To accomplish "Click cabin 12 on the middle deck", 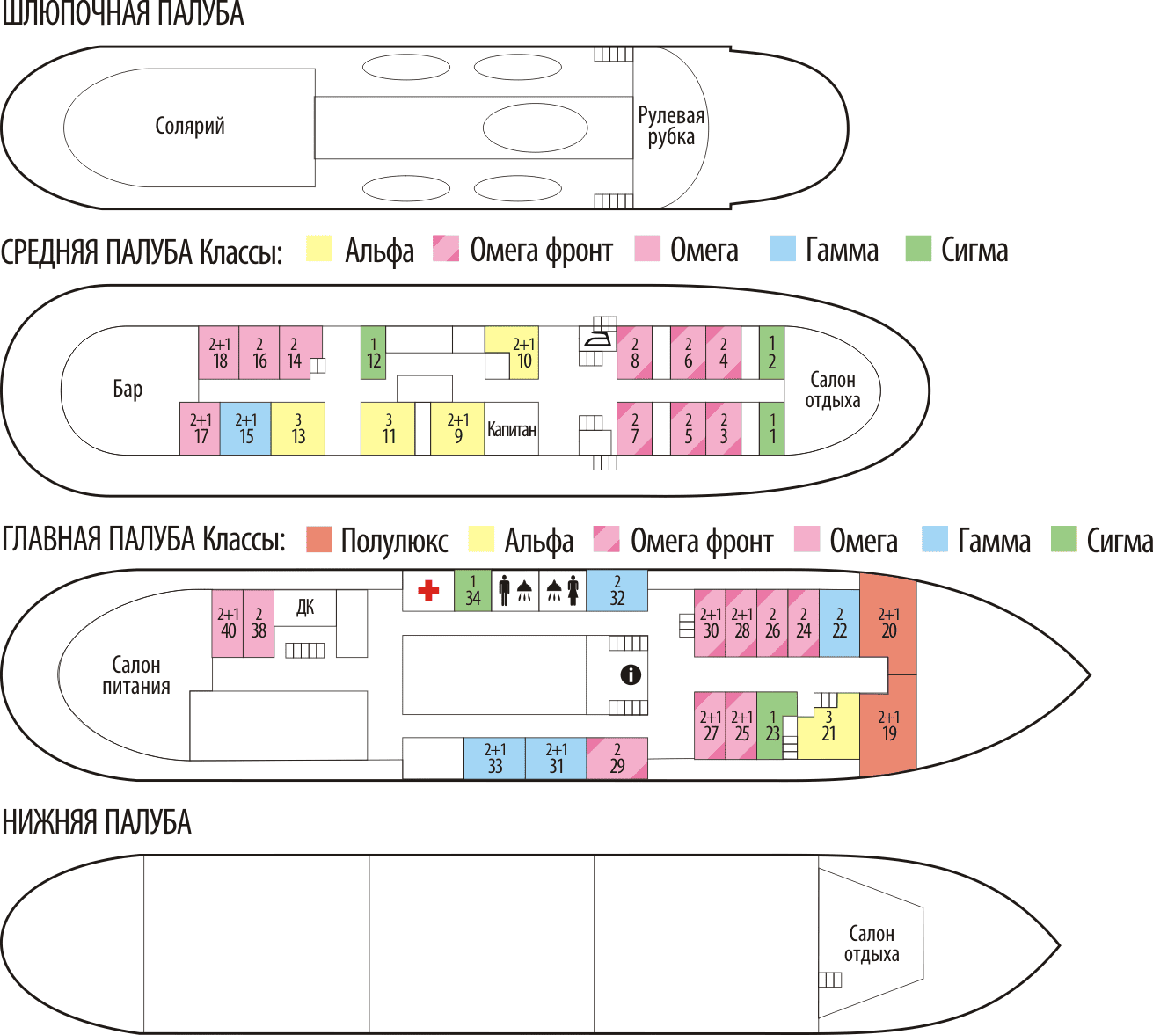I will click(374, 353).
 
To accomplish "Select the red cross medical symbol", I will click(428, 590).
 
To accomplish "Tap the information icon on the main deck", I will click(630, 674).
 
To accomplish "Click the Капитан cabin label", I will click(511, 429).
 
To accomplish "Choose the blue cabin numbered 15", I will click(245, 428).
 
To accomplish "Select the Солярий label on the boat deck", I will click(190, 126).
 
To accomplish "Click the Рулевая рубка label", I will click(671, 126).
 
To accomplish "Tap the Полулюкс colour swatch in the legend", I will click(319, 540).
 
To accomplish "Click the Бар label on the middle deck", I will click(128, 389).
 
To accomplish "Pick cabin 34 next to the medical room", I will click(472, 590).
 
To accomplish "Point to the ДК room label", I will click(305, 607).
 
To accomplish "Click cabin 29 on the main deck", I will click(617, 758).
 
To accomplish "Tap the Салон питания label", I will click(136, 675).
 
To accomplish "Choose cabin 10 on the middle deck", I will click(523, 353).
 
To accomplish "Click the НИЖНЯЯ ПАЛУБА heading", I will click(97, 822).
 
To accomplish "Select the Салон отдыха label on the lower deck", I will click(871, 944).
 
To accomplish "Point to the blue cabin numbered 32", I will click(617, 590).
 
